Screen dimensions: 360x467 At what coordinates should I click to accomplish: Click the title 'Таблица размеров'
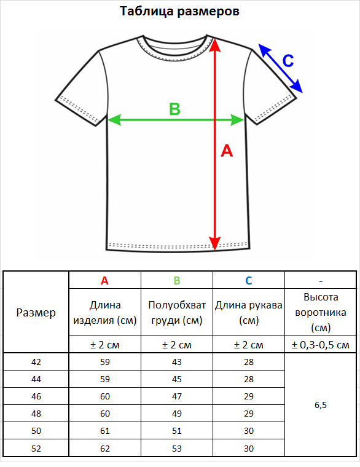click(x=179, y=11)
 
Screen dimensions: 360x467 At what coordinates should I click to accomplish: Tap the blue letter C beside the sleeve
click(x=288, y=61)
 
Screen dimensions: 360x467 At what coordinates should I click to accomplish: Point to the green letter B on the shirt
click(x=175, y=109)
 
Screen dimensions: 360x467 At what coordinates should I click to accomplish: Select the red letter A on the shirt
click(x=227, y=151)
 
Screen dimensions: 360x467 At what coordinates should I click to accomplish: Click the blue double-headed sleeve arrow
click(x=280, y=68)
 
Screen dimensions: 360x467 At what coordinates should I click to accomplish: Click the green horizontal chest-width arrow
click(x=176, y=120)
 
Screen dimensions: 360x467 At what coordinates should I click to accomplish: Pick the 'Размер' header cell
click(x=36, y=312)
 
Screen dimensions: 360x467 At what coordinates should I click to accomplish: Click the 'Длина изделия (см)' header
click(x=105, y=312)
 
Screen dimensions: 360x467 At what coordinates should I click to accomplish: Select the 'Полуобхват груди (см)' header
click(x=177, y=312)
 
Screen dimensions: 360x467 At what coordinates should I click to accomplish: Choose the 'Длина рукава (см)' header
click(x=249, y=312)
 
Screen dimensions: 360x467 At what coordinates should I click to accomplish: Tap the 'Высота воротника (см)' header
click(x=321, y=312)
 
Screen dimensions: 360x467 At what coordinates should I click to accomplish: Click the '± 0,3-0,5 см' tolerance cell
click(x=321, y=345)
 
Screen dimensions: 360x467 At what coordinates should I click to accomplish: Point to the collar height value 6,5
click(x=321, y=405)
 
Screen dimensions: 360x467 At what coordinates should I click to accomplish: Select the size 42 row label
click(x=36, y=362)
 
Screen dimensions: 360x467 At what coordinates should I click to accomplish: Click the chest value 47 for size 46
click(x=177, y=396)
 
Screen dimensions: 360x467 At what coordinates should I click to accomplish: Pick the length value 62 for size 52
click(x=105, y=449)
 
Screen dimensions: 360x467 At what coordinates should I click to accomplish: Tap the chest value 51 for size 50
click(x=177, y=431)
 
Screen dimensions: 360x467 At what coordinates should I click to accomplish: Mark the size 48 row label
click(x=36, y=414)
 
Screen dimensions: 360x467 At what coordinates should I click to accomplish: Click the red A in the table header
click(x=104, y=281)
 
